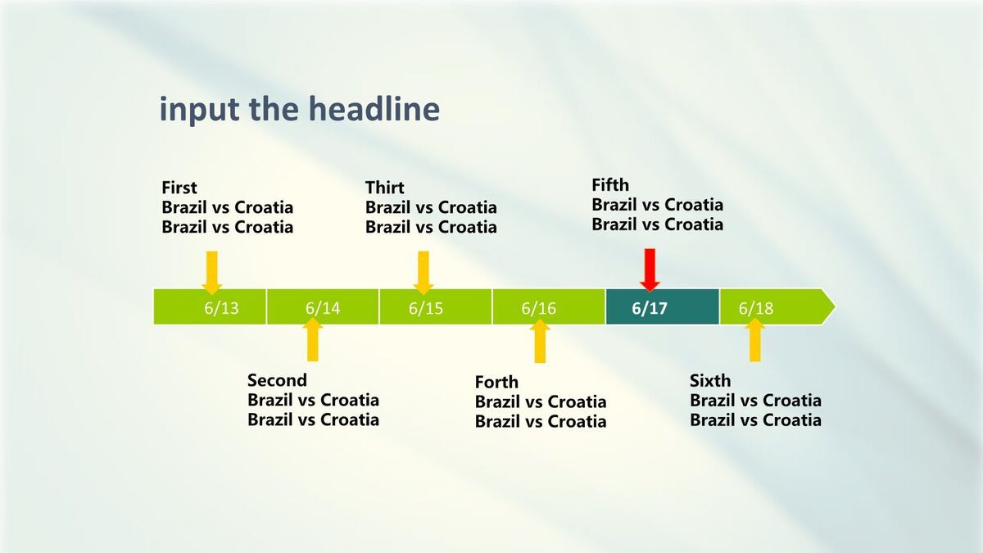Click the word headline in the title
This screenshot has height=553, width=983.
(x=374, y=108)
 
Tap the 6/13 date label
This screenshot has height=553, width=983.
(x=221, y=308)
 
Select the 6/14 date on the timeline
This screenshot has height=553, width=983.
(x=323, y=308)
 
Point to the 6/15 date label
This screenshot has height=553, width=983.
(x=426, y=308)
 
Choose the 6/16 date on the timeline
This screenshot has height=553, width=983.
(x=538, y=308)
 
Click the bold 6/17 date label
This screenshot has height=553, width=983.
(x=650, y=308)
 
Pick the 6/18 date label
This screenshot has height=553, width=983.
(x=755, y=308)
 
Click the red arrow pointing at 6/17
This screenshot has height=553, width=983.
(x=650, y=270)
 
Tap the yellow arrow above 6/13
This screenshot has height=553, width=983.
(x=212, y=273)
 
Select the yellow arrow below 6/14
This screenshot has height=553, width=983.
(x=312, y=339)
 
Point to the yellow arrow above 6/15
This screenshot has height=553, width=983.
(x=424, y=273)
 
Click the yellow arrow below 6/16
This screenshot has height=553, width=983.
(x=540, y=341)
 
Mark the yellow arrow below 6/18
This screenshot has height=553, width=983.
(x=754, y=340)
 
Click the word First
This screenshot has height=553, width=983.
(x=179, y=188)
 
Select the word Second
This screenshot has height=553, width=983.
(x=277, y=380)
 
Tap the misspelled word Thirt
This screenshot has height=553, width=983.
(x=384, y=188)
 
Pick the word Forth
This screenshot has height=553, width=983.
(x=496, y=382)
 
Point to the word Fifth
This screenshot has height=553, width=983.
(x=610, y=185)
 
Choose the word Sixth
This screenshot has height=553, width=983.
(x=710, y=380)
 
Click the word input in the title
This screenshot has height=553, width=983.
(x=200, y=110)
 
